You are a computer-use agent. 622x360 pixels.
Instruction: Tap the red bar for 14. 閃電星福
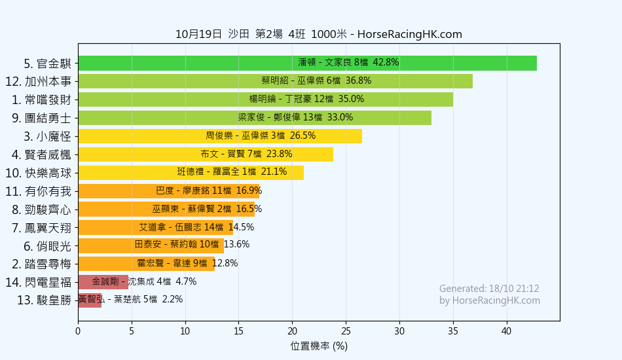pyautogui.click(x=103, y=282)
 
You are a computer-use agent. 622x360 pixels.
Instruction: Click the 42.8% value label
pyautogui.click(x=386, y=63)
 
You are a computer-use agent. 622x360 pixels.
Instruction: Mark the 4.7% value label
pyautogui.click(x=186, y=282)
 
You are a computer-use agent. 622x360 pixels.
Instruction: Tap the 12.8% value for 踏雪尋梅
pyautogui.click(x=225, y=264)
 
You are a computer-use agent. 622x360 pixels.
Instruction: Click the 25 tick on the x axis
pyautogui.click(x=346, y=331)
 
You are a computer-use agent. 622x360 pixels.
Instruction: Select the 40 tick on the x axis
pyautogui.click(x=506, y=331)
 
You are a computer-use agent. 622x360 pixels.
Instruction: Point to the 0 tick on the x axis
pyautogui.click(x=78, y=331)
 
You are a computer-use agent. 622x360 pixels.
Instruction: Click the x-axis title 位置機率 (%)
pyautogui.click(x=319, y=346)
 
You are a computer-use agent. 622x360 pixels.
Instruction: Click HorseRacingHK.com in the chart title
pyautogui.click(x=410, y=35)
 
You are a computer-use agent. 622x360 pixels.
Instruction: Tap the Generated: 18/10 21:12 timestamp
pyautogui.click(x=489, y=289)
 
